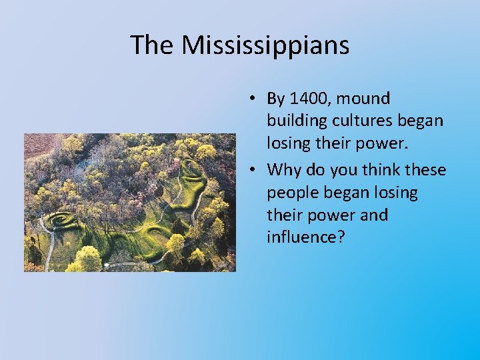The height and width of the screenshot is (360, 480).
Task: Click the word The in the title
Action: click(153, 45)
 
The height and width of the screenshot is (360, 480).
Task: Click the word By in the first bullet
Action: click(275, 99)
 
